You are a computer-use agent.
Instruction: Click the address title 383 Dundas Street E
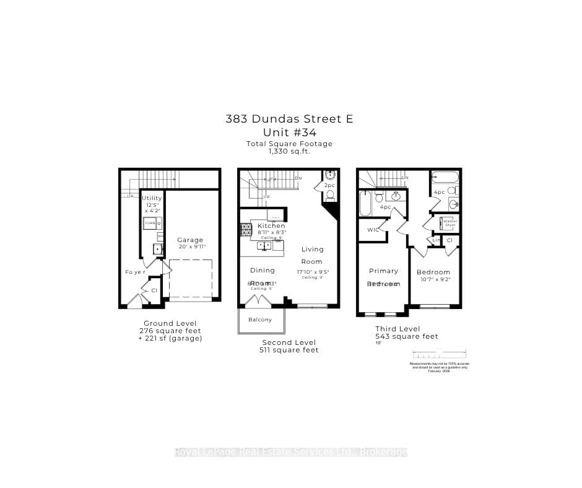(x=290, y=119)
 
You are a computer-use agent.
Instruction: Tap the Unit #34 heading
(x=290, y=133)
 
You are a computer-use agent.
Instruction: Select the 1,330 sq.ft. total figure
(x=290, y=151)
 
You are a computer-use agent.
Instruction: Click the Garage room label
(x=190, y=240)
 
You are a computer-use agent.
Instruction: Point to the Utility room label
(x=152, y=198)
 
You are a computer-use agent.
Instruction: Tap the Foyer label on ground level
(x=136, y=272)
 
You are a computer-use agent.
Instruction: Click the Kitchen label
(x=271, y=226)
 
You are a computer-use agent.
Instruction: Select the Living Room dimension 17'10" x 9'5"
(x=312, y=271)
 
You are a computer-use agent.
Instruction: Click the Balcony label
(x=260, y=320)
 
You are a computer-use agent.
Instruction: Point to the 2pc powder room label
(x=329, y=185)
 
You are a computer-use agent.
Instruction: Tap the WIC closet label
(x=373, y=230)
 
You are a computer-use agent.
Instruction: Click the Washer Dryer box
(x=450, y=223)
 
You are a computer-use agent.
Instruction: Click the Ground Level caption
(x=170, y=323)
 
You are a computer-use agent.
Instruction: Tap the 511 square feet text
(x=289, y=351)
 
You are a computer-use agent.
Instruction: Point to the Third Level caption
(x=397, y=329)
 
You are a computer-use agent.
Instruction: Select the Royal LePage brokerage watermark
(x=291, y=452)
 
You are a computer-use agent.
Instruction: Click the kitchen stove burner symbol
(x=244, y=230)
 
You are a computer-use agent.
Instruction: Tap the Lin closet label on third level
(x=435, y=240)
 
